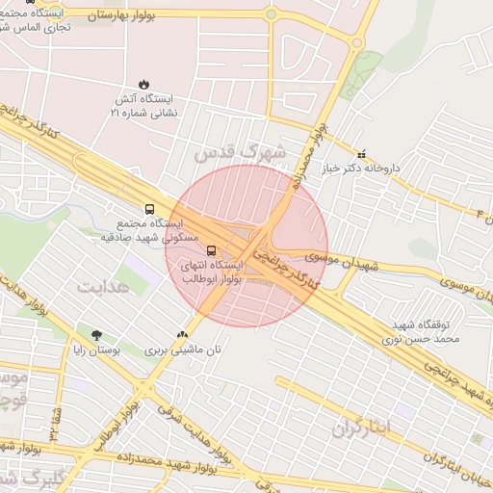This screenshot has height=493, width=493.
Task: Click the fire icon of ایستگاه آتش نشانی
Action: (143, 84)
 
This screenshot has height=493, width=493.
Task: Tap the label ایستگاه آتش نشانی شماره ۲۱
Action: (143, 106)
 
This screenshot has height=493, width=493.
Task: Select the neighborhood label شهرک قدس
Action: (240, 152)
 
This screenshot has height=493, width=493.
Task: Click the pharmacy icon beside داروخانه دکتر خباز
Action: (361, 153)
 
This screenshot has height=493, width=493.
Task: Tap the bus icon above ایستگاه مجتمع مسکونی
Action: (149, 207)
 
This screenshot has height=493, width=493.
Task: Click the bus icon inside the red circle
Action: (212, 251)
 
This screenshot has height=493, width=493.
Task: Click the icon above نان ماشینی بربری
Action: (183, 334)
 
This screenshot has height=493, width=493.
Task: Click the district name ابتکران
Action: (362, 425)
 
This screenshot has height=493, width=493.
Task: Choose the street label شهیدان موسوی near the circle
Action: (344, 261)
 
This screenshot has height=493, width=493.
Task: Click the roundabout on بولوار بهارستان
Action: (271, 14)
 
